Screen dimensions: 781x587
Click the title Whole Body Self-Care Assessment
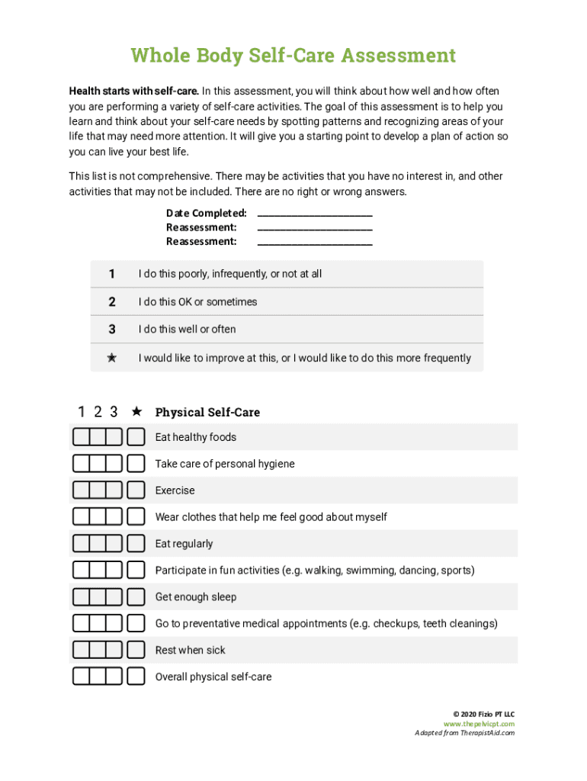click(x=293, y=56)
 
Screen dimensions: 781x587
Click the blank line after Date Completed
click(x=315, y=214)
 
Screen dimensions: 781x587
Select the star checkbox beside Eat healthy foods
click(x=136, y=437)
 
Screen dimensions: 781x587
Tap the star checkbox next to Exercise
click(x=136, y=490)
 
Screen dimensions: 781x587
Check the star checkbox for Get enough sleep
click(x=136, y=596)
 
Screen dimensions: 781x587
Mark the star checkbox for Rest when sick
click(x=136, y=650)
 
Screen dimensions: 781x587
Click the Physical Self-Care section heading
click(x=207, y=413)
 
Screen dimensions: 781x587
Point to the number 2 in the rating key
click(x=112, y=302)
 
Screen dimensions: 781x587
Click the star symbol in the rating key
click(x=112, y=358)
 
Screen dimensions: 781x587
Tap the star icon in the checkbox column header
click(x=136, y=412)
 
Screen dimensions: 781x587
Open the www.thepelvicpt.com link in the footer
click(x=479, y=724)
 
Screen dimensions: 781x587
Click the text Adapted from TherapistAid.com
click(x=464, y=733)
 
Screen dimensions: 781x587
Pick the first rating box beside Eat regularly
click(x=81, y=544)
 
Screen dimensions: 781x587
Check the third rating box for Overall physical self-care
click(x=114, y=677)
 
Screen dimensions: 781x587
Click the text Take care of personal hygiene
click(x=225, y=464)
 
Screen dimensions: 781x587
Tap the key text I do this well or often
click(x=187, y=329)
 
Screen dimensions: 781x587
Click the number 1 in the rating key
click(x=112, y=274)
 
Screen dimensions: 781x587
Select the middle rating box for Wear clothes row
click(x=98, y=517)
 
